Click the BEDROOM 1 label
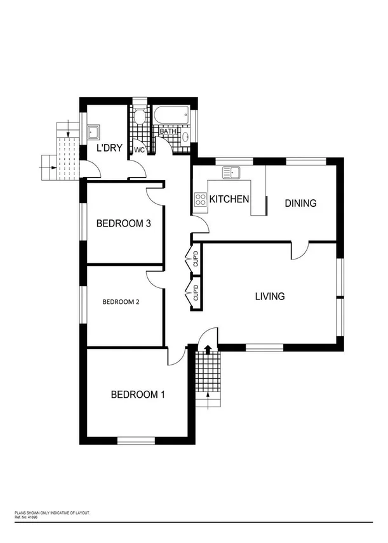coord(138,395)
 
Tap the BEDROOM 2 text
coord(121,302)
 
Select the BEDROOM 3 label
coord(123,223)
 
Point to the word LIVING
coord(269,296)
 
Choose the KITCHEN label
coord(229,199)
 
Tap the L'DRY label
coord(109,148)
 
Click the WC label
coord(138,150)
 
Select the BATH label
coord(168,131)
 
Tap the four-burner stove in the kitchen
coord(200,200)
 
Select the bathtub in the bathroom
coord(170,116)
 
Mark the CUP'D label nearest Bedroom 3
coord(196,259)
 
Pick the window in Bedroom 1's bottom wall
coord(136,440)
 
